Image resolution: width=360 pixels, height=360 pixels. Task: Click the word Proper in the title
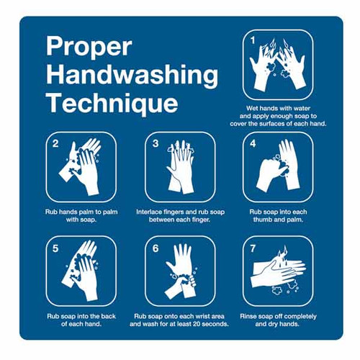(89, 48)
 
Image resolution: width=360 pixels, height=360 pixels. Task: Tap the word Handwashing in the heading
(132, 75)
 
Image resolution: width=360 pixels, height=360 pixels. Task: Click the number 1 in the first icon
(253, 39)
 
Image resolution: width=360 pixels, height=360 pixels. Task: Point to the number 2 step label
(55, 143)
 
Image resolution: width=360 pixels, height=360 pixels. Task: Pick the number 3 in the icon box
(155, 143)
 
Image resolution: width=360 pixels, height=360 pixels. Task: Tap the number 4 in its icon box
(253, 143)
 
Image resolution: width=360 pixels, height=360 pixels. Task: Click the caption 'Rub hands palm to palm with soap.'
(81, 216)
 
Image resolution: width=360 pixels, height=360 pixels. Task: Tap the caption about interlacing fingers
(180, 216)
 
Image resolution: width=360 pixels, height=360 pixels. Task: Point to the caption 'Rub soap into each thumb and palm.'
(278, 216)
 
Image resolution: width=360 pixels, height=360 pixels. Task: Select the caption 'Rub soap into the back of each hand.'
(81, 320)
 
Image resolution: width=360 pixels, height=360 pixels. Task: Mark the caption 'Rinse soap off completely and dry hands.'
(278, 320)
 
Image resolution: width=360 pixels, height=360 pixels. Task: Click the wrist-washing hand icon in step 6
(180, 272)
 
